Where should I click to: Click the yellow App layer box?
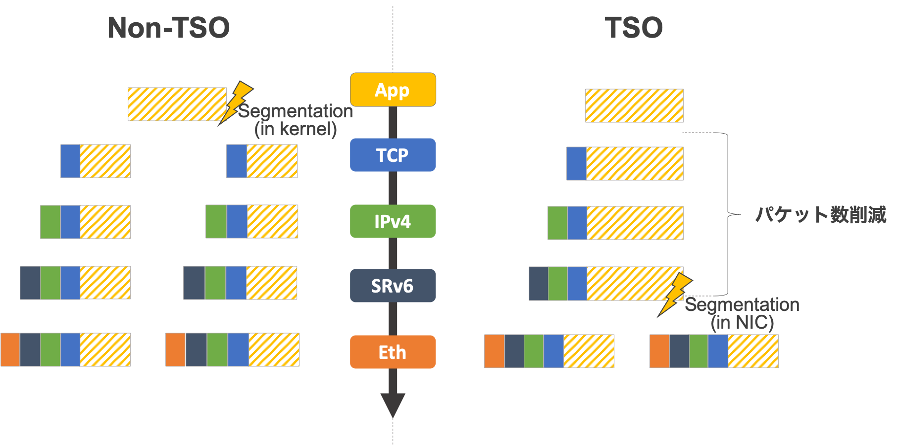(x=393, y=90)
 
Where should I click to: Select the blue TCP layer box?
(x=393, y=155)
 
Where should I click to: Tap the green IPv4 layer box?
(x=393, y=221)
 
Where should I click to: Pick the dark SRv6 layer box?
(x=393, y=286)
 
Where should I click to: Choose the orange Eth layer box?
(x=393, y=352)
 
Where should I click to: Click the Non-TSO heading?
(x=169, y=28)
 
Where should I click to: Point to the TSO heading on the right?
(x=634, y=28)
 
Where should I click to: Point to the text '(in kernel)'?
(x=296, y=129)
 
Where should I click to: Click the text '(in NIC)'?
(x=742, y=323)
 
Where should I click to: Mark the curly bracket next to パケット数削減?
(x=728, y=214)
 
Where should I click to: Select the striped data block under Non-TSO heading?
(x=177, y=104)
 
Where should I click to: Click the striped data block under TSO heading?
(x=634, y=105)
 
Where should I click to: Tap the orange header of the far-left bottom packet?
(x=10, y=349)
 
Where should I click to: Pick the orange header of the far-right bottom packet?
(x=659, y=351)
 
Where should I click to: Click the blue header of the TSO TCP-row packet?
(x=576, y=163)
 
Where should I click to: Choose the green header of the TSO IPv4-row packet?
(x=557, y=223)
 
